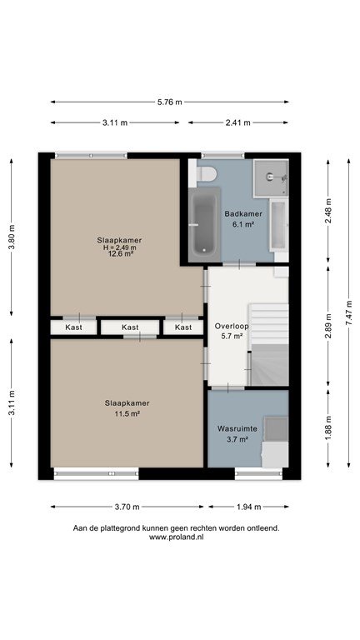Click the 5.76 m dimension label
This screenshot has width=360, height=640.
tap(170, 102)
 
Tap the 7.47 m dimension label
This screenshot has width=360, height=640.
tap(348, 312)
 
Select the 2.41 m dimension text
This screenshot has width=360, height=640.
tap(238, 122)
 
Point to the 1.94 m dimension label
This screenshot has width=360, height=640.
tap(248, 507)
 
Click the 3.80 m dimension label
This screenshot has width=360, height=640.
tap(12, 237)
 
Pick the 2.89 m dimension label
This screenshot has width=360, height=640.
tap(328, 326)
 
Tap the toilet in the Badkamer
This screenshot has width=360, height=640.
tap(206, 173)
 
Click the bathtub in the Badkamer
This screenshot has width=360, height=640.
tap(204, 224)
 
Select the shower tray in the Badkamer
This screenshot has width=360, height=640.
tap(271, 177)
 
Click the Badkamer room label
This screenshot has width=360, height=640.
tap(243, 213)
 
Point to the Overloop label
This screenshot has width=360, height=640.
tap(232, 326)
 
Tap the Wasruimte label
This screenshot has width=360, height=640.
tap(237, 429)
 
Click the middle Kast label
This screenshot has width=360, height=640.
tap(130, 327)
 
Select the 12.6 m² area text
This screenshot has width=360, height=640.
tap(119, 253)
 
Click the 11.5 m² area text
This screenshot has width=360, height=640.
tap(127, 414)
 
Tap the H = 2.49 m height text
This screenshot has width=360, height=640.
tap(119, 247)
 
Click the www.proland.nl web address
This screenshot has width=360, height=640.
tap(177, 537)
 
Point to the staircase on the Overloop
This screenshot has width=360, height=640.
tap(269, 345)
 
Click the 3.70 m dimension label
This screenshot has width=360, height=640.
tap(127, 507)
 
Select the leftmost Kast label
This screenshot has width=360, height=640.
tap(73, 327)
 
